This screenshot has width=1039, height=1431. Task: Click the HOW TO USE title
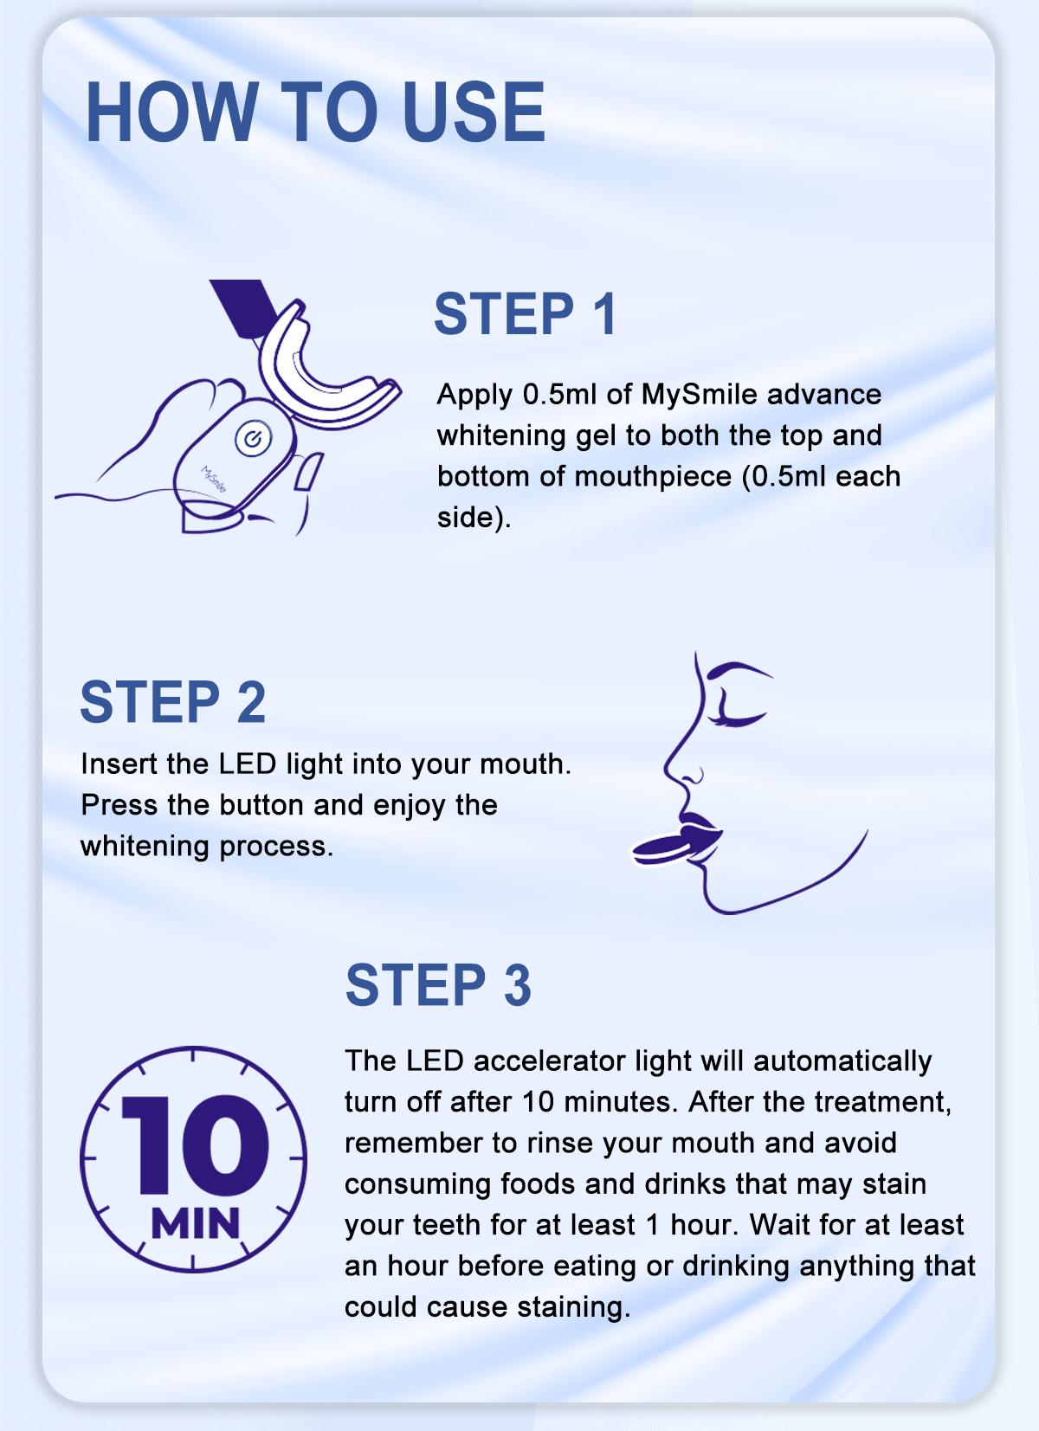pyautogui.click(x=315, y=113)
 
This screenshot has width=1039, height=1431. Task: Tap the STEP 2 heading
pyautogui.click(x=172, y=701)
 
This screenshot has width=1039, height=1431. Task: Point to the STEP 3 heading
pyautogui.click(x=438, y=984)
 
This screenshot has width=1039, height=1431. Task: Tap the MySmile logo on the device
pyautogui.click(x=213, y=480)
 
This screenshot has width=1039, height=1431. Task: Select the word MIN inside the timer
pyautogui.click(x=195, y=1224)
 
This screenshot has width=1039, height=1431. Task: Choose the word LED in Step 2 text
pyautogui.click(x=248, y=764)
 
